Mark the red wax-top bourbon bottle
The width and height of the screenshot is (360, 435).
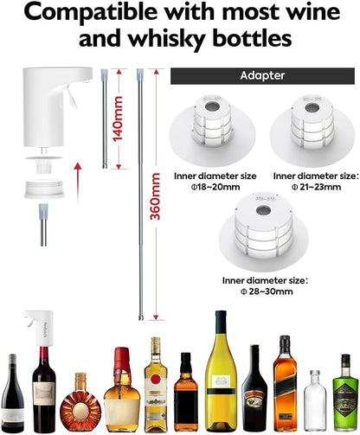(121, 394)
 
